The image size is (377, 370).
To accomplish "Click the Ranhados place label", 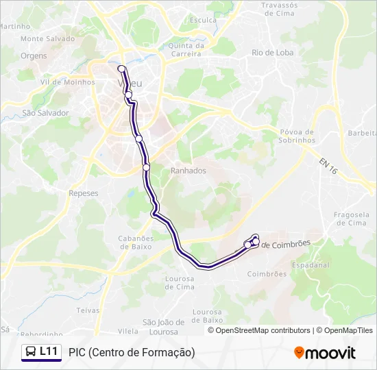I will tap(188, 171).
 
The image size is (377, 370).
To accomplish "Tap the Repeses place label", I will tap(84, 193).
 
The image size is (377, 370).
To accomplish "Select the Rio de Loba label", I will tap(272, 52).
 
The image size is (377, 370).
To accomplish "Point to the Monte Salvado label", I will tap(47, 39).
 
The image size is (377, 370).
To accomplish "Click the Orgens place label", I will tap(34, 56).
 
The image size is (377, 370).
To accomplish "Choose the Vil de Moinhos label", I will tap(64, 82).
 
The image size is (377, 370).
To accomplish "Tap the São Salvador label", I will tap(46, 112).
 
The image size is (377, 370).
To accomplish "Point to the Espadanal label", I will tap(311, 264).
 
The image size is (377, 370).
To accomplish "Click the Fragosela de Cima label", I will tap(350, 219).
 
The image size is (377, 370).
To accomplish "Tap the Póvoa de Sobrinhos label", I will tap(297, 136).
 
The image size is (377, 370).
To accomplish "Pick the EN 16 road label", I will tap(328, 164).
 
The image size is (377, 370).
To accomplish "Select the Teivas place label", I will tap(88, 310).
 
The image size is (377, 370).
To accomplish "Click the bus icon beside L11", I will tap(31, 351).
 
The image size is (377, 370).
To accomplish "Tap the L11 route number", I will tap(49, 351).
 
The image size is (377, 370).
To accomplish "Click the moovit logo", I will tap(325, 352).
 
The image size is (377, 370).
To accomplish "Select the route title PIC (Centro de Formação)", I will tap(132, 352).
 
